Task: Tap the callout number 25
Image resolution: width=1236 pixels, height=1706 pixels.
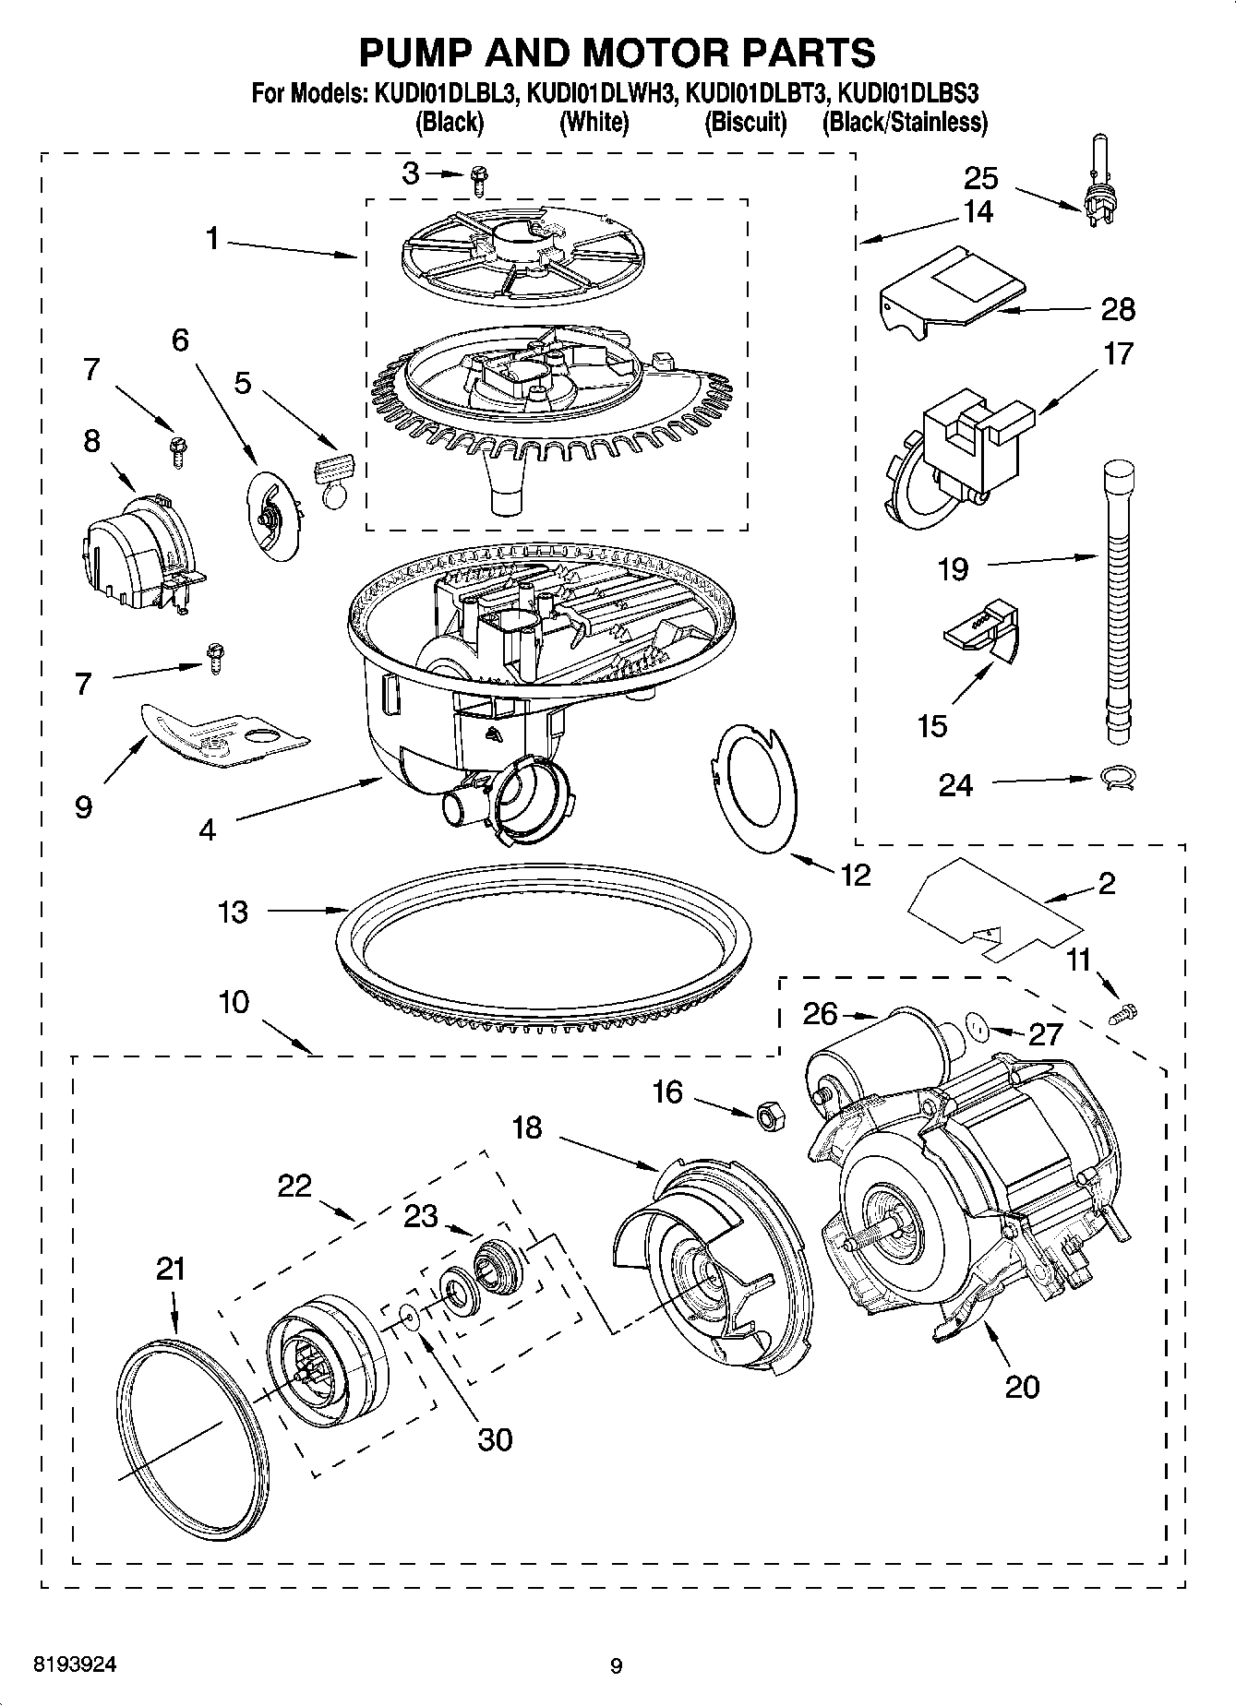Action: [x=981, y=177]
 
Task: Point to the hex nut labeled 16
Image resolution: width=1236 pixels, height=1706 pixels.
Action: [x=769, y=1115]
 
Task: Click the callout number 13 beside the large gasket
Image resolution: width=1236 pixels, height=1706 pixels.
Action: [x=233, y=912]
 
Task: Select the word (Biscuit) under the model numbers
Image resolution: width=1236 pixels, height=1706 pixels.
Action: [x=745, y=122]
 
